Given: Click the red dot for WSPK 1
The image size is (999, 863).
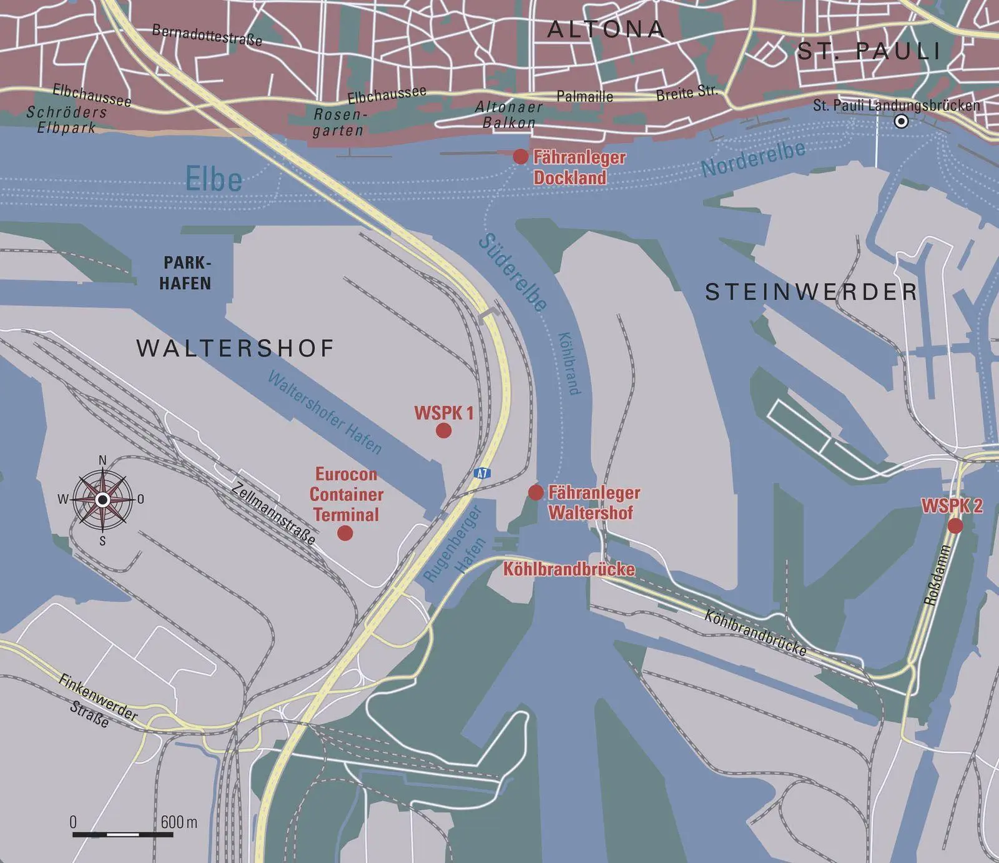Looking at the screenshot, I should pos(443,430).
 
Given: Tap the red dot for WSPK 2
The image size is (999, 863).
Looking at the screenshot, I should pos(955,526).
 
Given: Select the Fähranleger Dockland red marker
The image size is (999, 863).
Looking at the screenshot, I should pos(520,157).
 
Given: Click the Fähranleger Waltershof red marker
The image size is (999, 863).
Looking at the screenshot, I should pos(535,493).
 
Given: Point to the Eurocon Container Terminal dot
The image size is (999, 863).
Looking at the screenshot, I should pos(345,533).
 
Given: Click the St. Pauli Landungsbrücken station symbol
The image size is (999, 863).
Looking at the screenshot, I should pos(901,122).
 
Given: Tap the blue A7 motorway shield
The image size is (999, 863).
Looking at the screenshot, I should pos(481,473).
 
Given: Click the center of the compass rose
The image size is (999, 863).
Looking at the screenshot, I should pos(103,500).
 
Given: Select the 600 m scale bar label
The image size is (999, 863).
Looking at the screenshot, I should pos(179,822).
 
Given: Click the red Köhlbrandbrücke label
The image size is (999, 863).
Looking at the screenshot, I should pos(569,569).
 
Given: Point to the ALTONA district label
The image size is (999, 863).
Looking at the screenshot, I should pos(606,29).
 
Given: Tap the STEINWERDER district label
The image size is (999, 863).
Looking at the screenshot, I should pos(811,292).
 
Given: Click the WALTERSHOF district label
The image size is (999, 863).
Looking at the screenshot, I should pos(235,348).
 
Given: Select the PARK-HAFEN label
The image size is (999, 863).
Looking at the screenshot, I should pos(185,273).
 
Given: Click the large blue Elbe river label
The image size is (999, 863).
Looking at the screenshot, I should pos(214,180).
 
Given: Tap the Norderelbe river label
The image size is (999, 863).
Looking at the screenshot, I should pos(753,160).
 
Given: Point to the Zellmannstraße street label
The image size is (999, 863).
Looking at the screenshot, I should pos(273,513).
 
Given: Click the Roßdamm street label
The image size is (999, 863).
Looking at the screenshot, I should pos(937,575).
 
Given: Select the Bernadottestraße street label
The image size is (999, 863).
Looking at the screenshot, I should pos(207,36).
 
